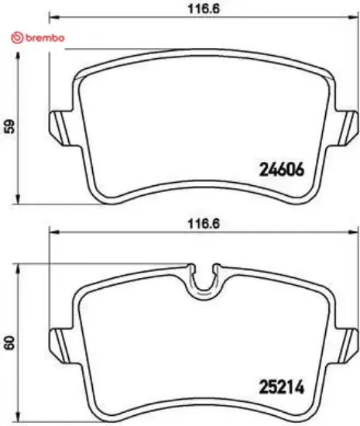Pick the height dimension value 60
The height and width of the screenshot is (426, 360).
[9, 342]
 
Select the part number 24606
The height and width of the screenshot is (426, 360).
[279, 170]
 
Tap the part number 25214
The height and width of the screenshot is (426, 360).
[279, 384]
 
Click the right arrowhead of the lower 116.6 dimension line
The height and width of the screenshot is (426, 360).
[354, 232]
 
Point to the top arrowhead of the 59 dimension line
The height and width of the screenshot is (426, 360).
[19, 64]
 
